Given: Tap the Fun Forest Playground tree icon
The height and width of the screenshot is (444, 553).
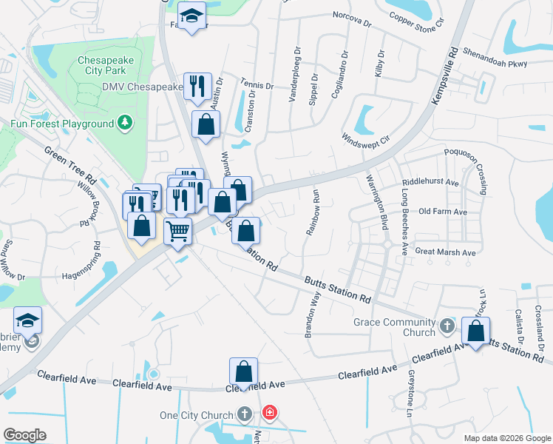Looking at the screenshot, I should click(x=126, y=123).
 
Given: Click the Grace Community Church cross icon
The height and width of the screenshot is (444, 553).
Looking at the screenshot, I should click(x=446, y=326).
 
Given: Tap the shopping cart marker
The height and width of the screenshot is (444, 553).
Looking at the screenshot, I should click(x=177, y=233).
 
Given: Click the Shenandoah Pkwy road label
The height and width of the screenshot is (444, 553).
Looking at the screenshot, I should click(x=495, y=58).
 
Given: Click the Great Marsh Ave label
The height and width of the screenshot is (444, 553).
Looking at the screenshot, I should click(x=445, y=252).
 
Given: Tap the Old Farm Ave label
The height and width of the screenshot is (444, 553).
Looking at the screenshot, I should click(x=443, y=212).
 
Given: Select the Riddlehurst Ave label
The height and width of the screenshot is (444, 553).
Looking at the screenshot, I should click(x=431, y=182).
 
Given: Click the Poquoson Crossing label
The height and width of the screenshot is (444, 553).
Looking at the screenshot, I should click(x=467, y=169).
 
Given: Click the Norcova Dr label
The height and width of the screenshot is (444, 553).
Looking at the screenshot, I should click(x=351, y=18).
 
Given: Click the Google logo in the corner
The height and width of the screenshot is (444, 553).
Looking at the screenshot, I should click(x=24, y=435).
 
